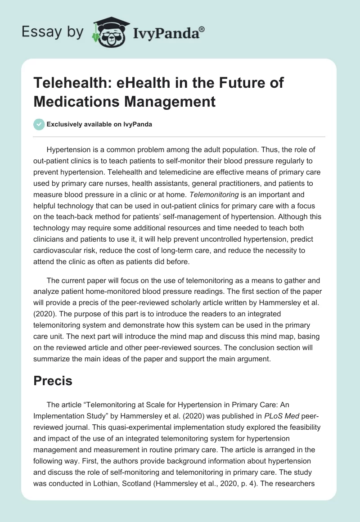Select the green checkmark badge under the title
coord(39,125)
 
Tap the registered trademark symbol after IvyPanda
coord(202,28)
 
